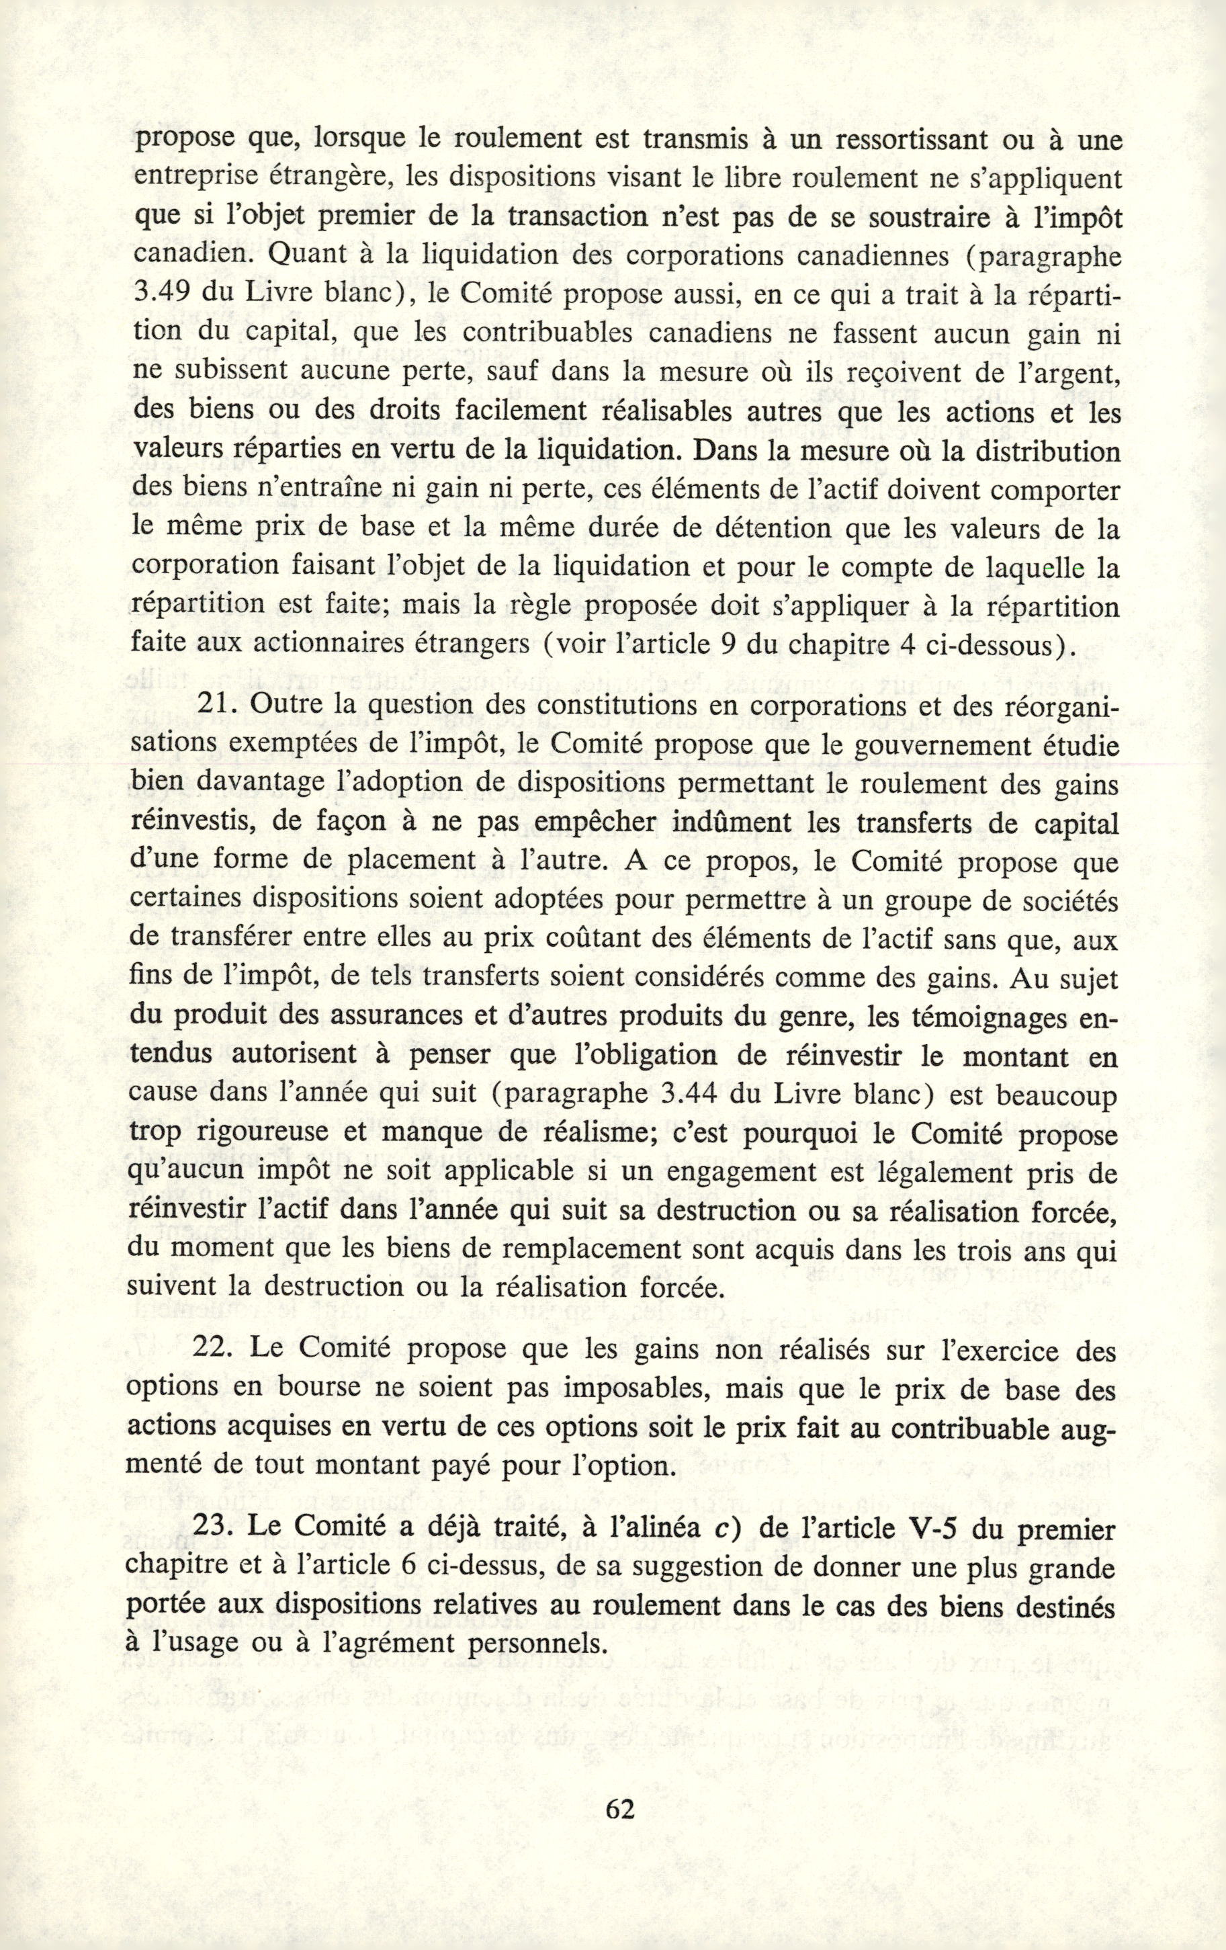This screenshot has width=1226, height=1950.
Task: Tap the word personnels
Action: tap(529, 1644)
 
